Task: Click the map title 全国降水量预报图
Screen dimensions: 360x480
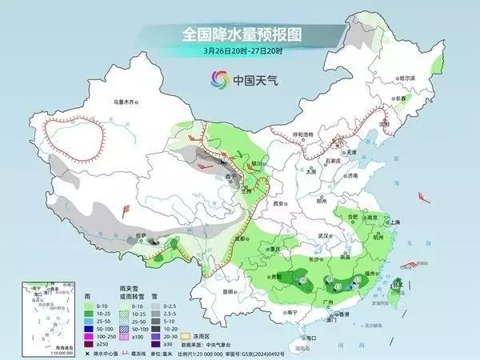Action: (x=239, y=34)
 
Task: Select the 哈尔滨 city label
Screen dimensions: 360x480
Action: (x=408, y=78)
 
